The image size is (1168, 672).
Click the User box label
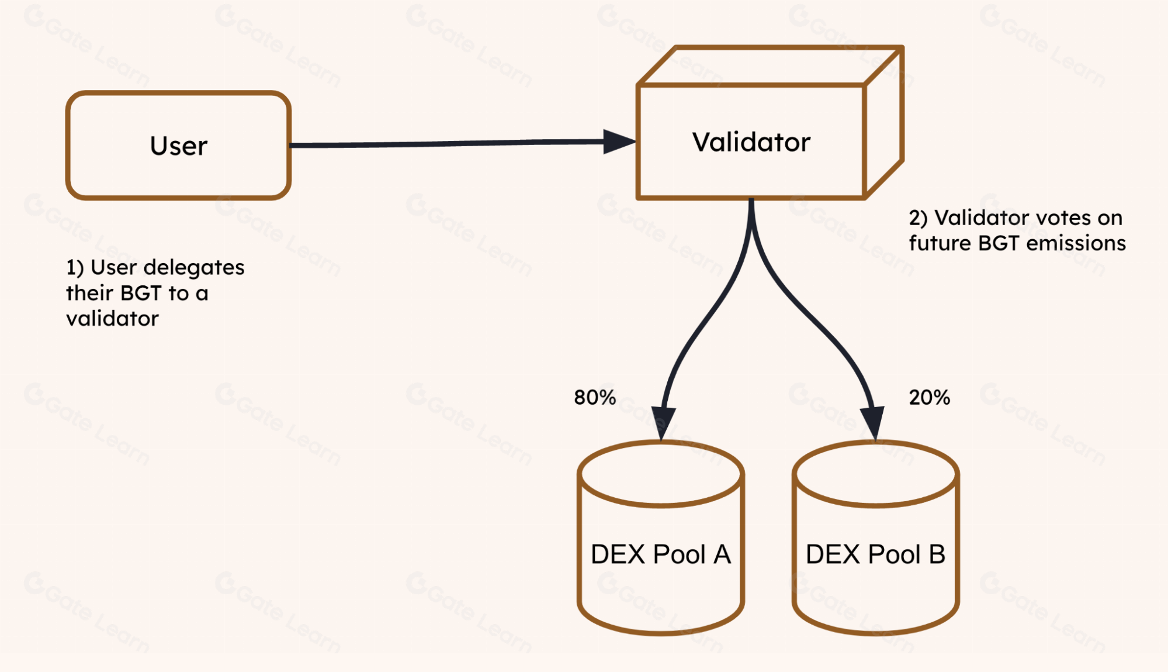click(x=178, y=146)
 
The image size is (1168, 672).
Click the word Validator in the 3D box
click(x=751, y=142)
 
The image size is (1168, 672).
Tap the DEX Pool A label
click(x=660, y=554)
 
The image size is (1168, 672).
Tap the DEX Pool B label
click(x=875, y=554)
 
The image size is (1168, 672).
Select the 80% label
click(x=595, y=398)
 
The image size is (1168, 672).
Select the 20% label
click(x=929, y=398)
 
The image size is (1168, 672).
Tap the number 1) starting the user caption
click(x=75, y=267)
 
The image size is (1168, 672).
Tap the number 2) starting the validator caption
click(x=918, y=218)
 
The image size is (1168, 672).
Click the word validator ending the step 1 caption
click(x=112, y=319)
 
